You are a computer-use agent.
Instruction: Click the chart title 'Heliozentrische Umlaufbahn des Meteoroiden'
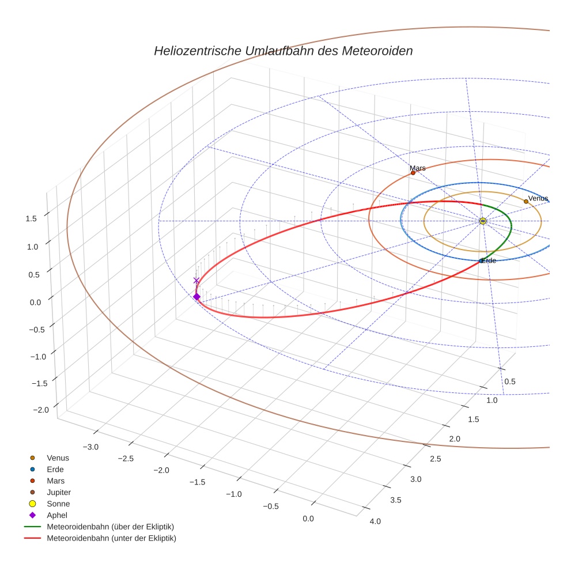[283, 51]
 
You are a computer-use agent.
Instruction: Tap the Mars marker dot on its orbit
[413, 173]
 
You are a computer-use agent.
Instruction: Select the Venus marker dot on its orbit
[526, 202]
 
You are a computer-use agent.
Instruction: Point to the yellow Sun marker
[482, 221]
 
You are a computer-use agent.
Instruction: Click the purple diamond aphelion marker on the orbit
[196, 297]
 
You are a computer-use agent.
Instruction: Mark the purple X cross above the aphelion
[196, 281]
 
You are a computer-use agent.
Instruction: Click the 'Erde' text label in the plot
[489, 261]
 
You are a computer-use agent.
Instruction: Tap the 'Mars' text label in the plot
[418, 168]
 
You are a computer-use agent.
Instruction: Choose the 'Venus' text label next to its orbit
[538, 198]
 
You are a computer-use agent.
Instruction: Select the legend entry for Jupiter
[59, 492]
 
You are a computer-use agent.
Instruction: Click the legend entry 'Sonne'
[58, 504]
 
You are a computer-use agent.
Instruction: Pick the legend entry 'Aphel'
[57, 515]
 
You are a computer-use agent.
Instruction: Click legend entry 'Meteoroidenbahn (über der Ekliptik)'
[110, 527]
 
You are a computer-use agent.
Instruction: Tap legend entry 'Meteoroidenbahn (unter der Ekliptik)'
[111, 538]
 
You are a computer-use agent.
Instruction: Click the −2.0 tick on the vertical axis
[40, 409]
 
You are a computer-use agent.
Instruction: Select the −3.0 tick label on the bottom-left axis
[91, 447]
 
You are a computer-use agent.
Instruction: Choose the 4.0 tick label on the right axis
[375, 521]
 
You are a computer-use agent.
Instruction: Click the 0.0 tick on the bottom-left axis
[308, 519]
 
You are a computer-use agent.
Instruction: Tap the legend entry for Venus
[58, 458]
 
